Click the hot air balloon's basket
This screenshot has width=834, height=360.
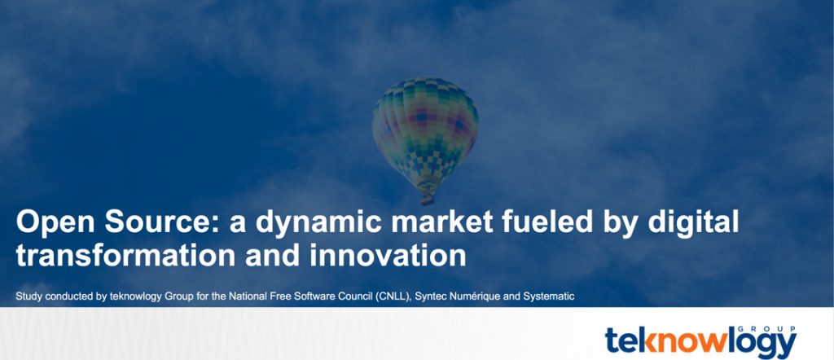[x=427, y=200]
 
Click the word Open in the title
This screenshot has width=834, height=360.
[x=55, y=222]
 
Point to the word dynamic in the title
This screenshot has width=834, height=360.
[x=318, y=223]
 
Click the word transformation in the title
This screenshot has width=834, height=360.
[x=125, y=255]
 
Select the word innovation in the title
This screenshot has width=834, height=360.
[x=388, y=255]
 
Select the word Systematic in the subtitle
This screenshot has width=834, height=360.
[x=548, y=296]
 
